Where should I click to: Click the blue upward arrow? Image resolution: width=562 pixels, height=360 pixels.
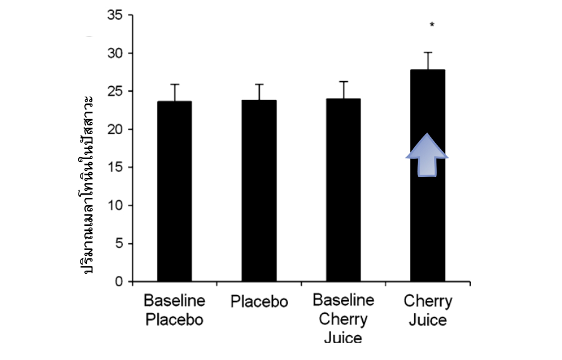click(427, 155)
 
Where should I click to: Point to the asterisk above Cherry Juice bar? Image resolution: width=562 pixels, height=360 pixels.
click(431, 26)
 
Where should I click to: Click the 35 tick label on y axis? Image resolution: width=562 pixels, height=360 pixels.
click(116, 15)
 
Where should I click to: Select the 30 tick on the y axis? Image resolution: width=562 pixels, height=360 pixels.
click(116, 53)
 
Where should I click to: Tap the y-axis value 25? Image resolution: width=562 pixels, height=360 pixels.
click(116, 91)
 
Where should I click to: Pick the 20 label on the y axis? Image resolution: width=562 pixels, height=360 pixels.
click(116, 129)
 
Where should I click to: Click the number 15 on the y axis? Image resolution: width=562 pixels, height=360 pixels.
click(116, 167)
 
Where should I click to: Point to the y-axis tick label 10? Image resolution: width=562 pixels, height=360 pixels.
click(116, 205)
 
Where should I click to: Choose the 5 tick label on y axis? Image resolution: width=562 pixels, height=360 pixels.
click(119, 243)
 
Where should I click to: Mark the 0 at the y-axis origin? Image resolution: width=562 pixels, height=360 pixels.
click(119, 281)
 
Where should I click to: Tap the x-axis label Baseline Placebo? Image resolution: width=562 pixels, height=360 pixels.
click(174, 310)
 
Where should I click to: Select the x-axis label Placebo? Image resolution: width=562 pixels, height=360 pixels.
click(259, 302)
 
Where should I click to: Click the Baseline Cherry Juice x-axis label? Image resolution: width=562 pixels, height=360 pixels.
click(343, 319)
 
